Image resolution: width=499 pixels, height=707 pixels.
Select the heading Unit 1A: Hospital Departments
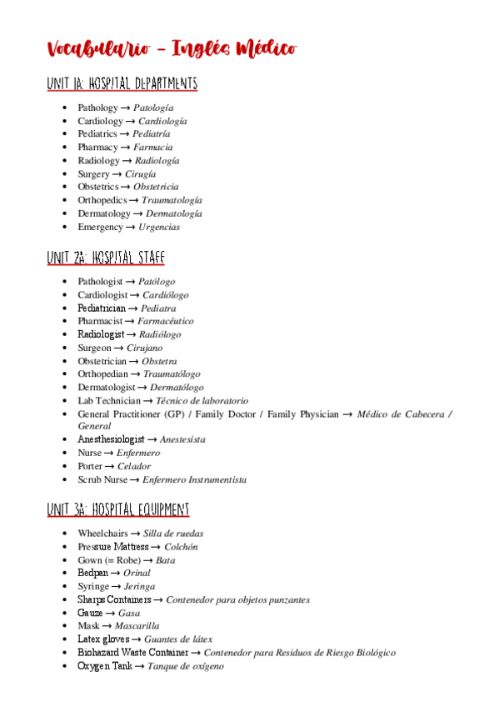pyautogui.click(x=122, y=83)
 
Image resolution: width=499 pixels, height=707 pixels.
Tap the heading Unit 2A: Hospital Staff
pyautogui.click(x=105, y=258)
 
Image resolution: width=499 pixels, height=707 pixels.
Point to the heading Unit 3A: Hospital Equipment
pyautogui.click(x=118, y=509)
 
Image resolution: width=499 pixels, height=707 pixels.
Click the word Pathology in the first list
pyautogui.click(x=97, y=108)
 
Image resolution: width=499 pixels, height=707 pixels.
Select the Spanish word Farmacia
pyautogui.click(x=155, y=148)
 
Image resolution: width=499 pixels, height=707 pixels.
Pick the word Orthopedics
pyautogui.click(x=102, y=200)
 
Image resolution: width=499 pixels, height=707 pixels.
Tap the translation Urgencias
pyautogui.click(x=159, y=227)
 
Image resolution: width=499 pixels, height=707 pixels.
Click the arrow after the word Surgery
pyautogui.click(x=117, y=174)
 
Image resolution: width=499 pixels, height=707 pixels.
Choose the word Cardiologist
pyautogui.click(x=102, y=295)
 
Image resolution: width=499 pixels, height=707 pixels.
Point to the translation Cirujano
pyautogui.click(x=145, y=348)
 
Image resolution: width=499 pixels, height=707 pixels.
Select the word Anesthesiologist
pyautogui.click(x=111, y=439)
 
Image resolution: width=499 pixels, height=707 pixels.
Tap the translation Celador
pyautogui.click(x=134, y=466)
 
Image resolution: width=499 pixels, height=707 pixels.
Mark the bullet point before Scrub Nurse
pyautogui.click(x=65, y=479)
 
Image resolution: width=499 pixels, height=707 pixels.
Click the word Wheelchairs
pyautogui.click(x=103, y=534)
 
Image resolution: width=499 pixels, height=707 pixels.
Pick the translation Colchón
pyautogui.click(x=181, y=547)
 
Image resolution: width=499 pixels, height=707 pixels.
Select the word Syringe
pyautogui.click(x=93, y=586)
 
